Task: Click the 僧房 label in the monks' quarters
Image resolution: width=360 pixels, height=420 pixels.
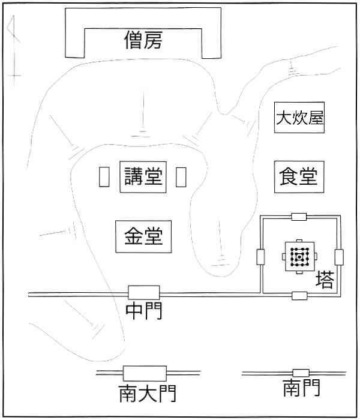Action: (143, 40)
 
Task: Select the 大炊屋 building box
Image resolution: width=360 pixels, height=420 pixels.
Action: (299, 118)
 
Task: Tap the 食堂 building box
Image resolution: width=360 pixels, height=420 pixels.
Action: (299, 177)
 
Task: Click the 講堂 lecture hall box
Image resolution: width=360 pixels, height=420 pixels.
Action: (143, 177)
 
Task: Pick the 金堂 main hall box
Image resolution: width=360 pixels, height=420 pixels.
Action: (143, 236)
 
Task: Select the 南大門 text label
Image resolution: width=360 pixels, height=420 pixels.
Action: (148, 394)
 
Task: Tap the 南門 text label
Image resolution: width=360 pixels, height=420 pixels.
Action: (301, 388)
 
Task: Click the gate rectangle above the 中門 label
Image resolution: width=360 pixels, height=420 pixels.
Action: (144, 293)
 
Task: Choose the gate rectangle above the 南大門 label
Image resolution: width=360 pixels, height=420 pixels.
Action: (145, 373)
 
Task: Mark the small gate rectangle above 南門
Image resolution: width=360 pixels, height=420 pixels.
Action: (301, 373)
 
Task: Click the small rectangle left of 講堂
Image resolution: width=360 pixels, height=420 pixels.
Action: (104, 177)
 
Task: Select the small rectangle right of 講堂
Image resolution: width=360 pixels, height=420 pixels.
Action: (181, 177)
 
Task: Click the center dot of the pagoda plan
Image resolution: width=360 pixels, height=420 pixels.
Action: (299, 257)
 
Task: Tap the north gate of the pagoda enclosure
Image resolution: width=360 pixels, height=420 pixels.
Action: (299, 217)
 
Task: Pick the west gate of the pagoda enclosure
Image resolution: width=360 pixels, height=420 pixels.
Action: (260, 257)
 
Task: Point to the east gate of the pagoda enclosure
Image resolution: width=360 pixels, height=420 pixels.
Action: (339, 257)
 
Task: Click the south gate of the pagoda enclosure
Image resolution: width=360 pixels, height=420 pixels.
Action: (299, 296)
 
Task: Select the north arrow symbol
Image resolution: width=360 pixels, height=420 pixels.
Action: (14, 51)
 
